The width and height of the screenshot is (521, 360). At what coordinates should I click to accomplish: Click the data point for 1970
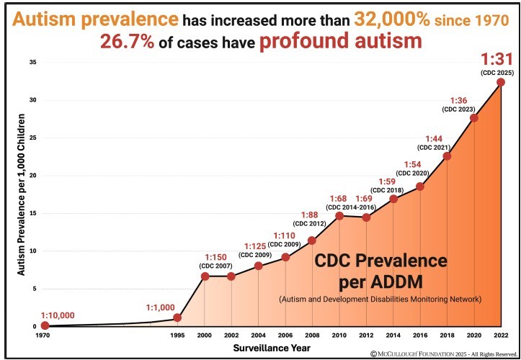click(x=45, y=325)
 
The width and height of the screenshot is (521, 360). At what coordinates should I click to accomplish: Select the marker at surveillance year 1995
click(x=177, y=318)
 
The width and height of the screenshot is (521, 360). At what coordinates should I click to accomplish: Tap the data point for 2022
click(x=501, y=82)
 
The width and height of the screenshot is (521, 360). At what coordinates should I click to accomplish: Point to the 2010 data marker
click(x=339, y=216)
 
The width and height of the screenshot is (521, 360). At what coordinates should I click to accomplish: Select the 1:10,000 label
click(x=58, y=315)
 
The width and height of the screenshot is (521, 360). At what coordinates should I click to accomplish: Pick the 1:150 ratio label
click(x=215, y=257)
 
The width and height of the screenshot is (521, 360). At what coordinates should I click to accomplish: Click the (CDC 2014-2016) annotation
click(x=350, y=207)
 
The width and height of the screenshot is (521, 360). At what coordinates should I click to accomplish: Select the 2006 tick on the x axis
click(x=285, y=336)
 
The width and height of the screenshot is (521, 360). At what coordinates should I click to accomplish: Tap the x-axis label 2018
click(x=447, y=336)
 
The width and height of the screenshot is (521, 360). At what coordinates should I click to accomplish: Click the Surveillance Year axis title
click(x=272, y=348)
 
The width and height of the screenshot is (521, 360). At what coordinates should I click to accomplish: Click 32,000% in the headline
click(x=393, y=21)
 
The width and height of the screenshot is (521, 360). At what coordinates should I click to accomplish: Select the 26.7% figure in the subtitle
click(x=128, y=42)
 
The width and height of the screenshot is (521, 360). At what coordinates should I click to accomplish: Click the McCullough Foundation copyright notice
click(x=445, y=354)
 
